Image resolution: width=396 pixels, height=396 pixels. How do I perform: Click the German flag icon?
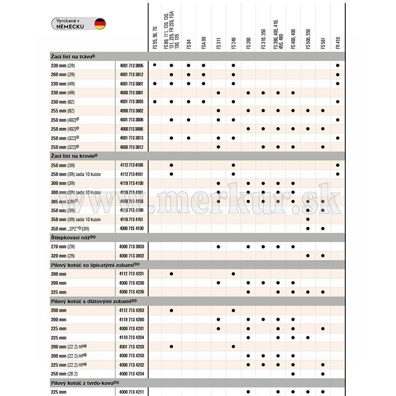100,24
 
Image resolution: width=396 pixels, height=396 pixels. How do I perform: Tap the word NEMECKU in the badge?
70,27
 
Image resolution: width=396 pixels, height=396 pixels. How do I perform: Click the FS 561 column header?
323,44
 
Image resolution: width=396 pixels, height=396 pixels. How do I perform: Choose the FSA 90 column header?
204,43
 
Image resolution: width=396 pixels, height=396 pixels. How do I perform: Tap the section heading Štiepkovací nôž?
73,237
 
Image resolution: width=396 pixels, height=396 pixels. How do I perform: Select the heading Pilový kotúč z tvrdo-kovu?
85,383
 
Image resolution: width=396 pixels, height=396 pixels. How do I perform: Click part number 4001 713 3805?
131,65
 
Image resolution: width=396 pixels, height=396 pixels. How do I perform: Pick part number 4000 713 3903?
131,247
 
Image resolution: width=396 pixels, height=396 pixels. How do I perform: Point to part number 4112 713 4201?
131,274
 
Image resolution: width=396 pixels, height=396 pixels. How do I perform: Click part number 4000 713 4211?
131,392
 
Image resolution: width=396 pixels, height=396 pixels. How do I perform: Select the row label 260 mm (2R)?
63,74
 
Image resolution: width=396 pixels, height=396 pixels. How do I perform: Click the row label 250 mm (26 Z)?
64,374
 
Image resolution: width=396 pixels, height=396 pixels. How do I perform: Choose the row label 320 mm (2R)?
63,256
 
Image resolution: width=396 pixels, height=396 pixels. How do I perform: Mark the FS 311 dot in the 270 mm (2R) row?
219,247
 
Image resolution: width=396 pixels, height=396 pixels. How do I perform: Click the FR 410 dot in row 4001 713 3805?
337,65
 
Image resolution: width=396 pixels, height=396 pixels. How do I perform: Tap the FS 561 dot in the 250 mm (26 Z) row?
323,374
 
